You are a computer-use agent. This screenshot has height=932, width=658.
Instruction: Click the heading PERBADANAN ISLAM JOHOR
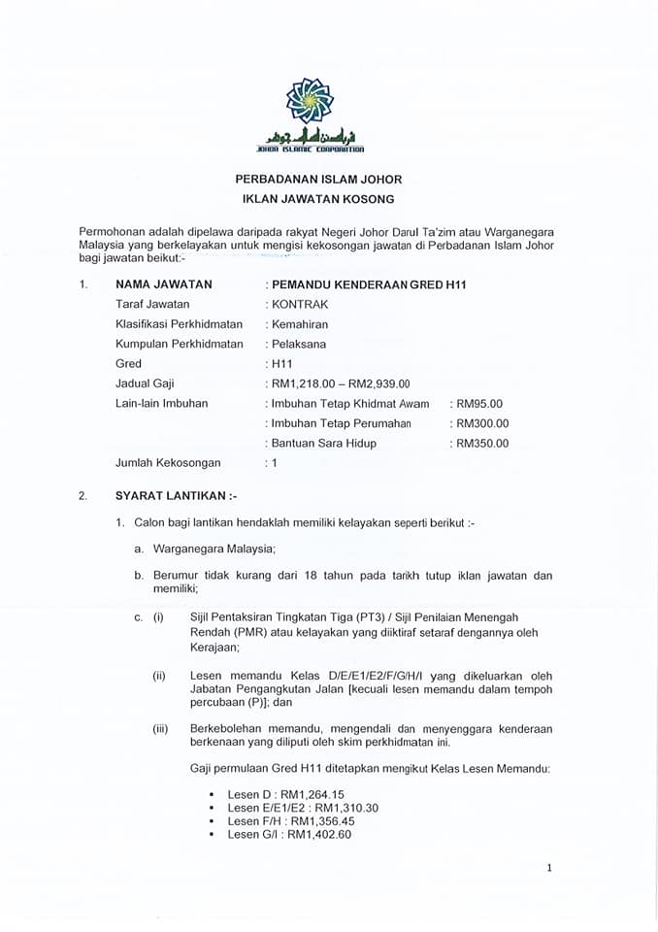coord(318,180)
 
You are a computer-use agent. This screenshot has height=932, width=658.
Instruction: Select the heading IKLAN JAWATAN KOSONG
coord(318,199)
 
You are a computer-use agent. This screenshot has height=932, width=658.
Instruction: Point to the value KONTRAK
coord(300,304)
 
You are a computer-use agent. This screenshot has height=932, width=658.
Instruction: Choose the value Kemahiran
coord(301,323)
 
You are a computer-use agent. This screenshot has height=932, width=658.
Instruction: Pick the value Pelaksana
coord(298,344)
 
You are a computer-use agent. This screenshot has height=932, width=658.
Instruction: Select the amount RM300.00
coord(481,423)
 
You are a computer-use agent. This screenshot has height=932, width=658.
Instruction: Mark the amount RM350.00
coord(481,443)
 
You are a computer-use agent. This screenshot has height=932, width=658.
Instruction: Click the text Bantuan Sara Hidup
coord(323,443)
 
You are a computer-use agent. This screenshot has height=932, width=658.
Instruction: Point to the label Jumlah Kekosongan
coord(168,463)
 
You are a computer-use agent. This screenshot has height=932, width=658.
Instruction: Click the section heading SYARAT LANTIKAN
coord(174,496)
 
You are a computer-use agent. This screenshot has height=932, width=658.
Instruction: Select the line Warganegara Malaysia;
coord(214,549)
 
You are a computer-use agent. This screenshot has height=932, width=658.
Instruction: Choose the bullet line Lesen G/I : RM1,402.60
coord(289,834)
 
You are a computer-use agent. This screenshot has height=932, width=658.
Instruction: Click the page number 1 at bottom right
coord(549,868)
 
